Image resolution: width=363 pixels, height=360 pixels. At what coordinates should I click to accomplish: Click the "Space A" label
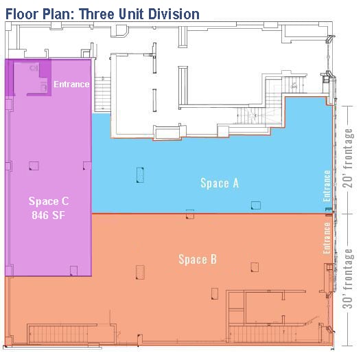coord(220,183)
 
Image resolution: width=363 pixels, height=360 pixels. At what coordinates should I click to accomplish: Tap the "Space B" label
coord(198,259)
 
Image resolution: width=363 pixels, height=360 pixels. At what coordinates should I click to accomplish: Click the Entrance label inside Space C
coord(72,85)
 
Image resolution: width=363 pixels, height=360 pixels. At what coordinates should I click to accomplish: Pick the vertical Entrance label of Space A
coord(327,186)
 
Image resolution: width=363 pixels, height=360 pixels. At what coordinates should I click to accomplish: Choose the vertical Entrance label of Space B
coord(327,236)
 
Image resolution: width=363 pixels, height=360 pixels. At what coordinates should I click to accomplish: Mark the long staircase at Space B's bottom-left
coord(72,335)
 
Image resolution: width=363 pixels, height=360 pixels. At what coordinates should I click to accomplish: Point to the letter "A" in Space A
coord(235,183)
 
